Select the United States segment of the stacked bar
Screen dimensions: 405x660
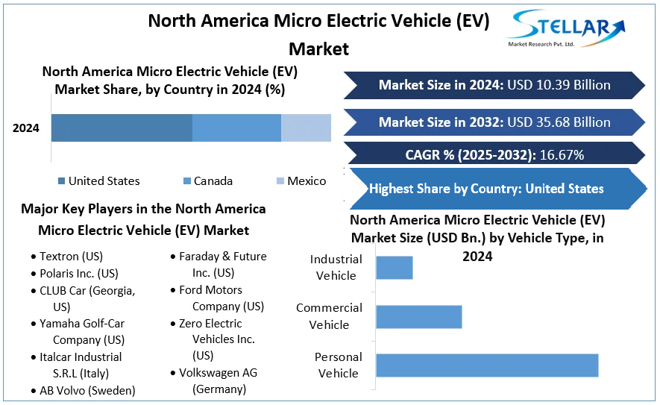coord(122,128)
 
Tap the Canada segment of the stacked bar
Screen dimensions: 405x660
coord(236,128)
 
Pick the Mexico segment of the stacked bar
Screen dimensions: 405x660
coord(306,128)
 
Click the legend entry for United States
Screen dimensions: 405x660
coord(98,180)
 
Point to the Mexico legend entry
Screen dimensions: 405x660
coord(301,180)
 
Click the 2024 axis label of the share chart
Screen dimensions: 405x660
coord(26,128)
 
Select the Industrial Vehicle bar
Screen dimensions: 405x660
coord(394,268)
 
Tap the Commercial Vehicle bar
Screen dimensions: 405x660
coord(418,316)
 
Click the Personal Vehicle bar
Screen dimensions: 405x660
coord(487,365)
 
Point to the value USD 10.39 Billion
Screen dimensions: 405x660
coord(559,85)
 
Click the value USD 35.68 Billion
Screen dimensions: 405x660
coord(559,122)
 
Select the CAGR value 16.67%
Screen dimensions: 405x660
coord(556,155)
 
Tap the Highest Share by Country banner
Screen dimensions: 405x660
coord(486,189)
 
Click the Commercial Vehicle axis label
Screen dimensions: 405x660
coord(329,316)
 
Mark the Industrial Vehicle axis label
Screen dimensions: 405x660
coord(336,268)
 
